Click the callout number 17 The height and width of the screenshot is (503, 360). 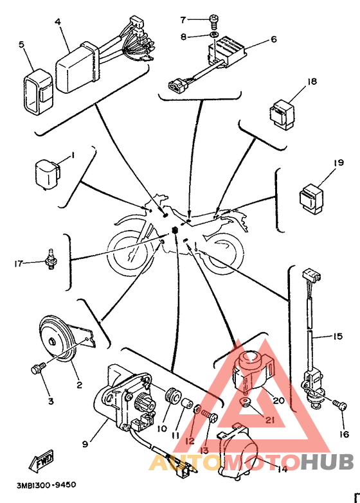pyautogui.click(x=19, y=263)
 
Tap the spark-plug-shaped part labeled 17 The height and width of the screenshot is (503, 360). pyautogui.click(x=50, y=259)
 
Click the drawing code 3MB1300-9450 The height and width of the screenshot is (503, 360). pyautogui.click(x=46, y=484)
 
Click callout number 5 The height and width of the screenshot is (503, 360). pyautogui.click(x=21, y=44)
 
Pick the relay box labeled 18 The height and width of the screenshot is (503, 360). pyautogui.click(x=282, y=114)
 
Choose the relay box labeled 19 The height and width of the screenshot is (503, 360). pyautogui.click(x=312, y=198)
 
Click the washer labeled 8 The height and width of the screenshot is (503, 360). pyautogui.click(x=214, y=35)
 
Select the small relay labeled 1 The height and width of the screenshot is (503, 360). pyautogui.click(x=48, y=174)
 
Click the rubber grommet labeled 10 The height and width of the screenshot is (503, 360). pyautogui.click(x=172, y=396)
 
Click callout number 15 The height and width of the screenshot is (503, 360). pyautogui.click(x=338, y=336)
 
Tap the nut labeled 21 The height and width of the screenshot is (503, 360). pyautogui.click(x=246, y=402)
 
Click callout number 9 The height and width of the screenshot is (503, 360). pyautogui.click(x=85, y=444)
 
